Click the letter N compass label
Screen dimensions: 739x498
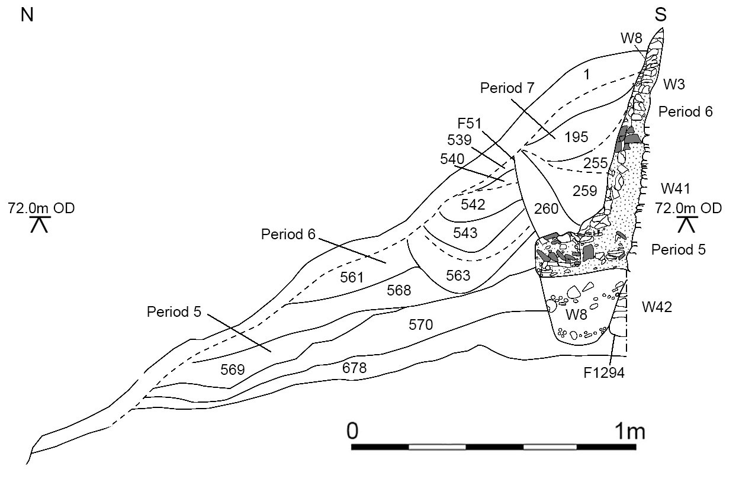tap(27, 15)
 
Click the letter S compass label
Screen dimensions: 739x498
tap(660, 15)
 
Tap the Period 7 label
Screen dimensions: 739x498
tap(507, 88)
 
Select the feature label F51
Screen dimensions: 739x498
tap(470, 124)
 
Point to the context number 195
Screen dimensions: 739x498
tap(576, 137)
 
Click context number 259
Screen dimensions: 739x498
tap(585, 191)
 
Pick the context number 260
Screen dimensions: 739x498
tap(547, 209)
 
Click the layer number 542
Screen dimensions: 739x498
tap(473, 205)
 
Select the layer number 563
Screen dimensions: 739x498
tap(458, 275)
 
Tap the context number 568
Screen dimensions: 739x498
tap(399, 290)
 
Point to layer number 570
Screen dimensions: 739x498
tap(420, 325)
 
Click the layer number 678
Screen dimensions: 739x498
tap(354, 368)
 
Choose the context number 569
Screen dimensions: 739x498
tap(233, 370)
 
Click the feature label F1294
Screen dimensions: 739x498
tap(604, 373)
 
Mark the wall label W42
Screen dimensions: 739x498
tap(657, 307)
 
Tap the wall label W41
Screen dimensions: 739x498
tap(676, 189)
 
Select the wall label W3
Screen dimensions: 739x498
tap(674, 85)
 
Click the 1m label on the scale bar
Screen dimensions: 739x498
tap(630, 431)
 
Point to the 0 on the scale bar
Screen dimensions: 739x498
tap(352, 431)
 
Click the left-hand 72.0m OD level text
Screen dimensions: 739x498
tap(41, 208)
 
